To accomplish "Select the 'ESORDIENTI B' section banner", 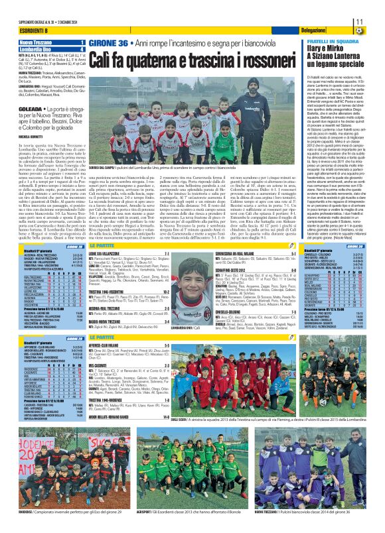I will (20, 32).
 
